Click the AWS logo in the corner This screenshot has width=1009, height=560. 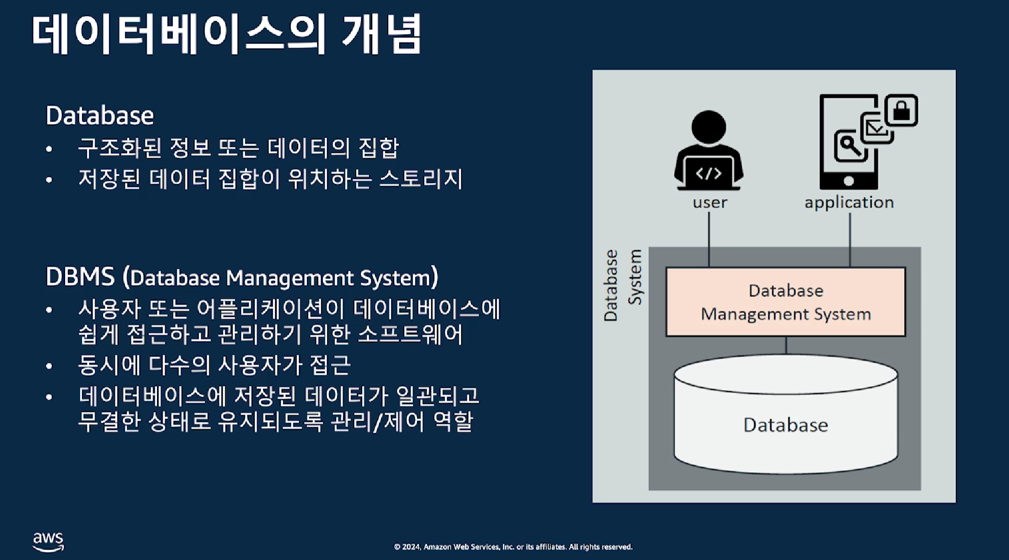(x=49, y=541)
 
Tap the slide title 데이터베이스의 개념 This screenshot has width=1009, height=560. (x=227, y=34)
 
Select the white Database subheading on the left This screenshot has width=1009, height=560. (x=100, y=115)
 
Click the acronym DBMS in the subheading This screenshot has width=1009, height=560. (x=80, y=277)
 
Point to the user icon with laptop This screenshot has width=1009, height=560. (x=708, y=150)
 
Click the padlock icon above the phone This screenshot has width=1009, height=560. (x=901, y=110)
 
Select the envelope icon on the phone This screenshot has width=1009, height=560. (x=876, y=128)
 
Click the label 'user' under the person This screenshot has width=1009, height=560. (x=710, y=202)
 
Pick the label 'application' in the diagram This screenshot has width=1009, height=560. (x=849, y=202)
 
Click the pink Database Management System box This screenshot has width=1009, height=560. (x=785, y=302)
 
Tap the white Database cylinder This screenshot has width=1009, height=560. (x=785, y=414)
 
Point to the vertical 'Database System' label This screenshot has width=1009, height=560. (x=622, y=285)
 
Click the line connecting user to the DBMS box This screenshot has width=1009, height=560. (x=709, y=239)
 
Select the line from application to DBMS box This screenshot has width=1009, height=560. (x=850, y=240)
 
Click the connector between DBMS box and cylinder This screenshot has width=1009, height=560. (x=786, y=346)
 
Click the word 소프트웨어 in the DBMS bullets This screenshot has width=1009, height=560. (x=410, y=334)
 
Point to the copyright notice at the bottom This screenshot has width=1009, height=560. (x=513, y=546)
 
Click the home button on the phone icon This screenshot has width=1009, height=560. (x=848, y=181)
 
